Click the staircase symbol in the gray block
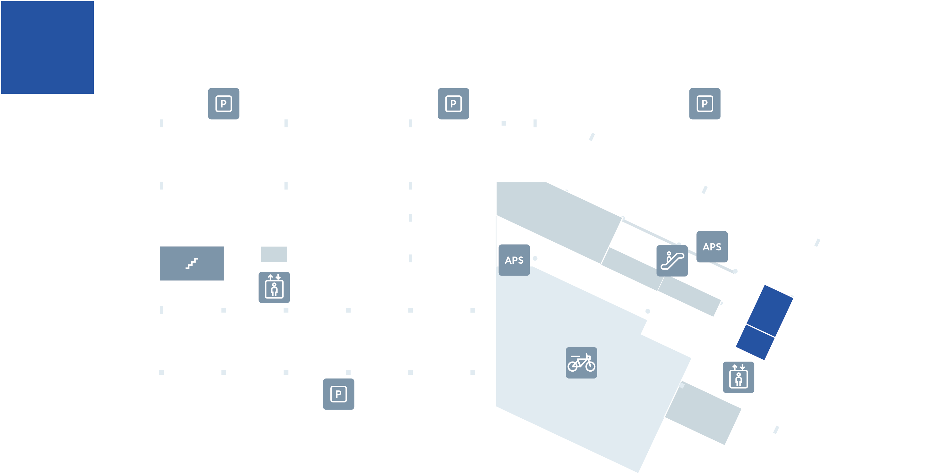click(192, 263)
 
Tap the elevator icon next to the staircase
click(274, 287)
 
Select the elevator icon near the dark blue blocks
click(739, 377)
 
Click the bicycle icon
click(582, 363)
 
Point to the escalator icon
click(672, 261)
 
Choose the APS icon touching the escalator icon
click(712, 247)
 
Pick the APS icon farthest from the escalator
click(514, 260)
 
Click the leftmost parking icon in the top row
click(224, 104)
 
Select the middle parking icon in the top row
click(454, 104)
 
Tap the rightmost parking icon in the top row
click(705, 104)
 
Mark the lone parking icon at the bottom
click(339, 394)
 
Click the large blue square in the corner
click(47, 47)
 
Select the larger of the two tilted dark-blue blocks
click(770, 310)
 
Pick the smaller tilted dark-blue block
click(755, 342)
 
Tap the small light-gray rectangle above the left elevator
click(274, 254)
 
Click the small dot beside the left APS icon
click(535, 258)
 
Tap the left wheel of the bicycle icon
click(572, 366)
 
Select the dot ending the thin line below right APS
click(735, 271)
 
